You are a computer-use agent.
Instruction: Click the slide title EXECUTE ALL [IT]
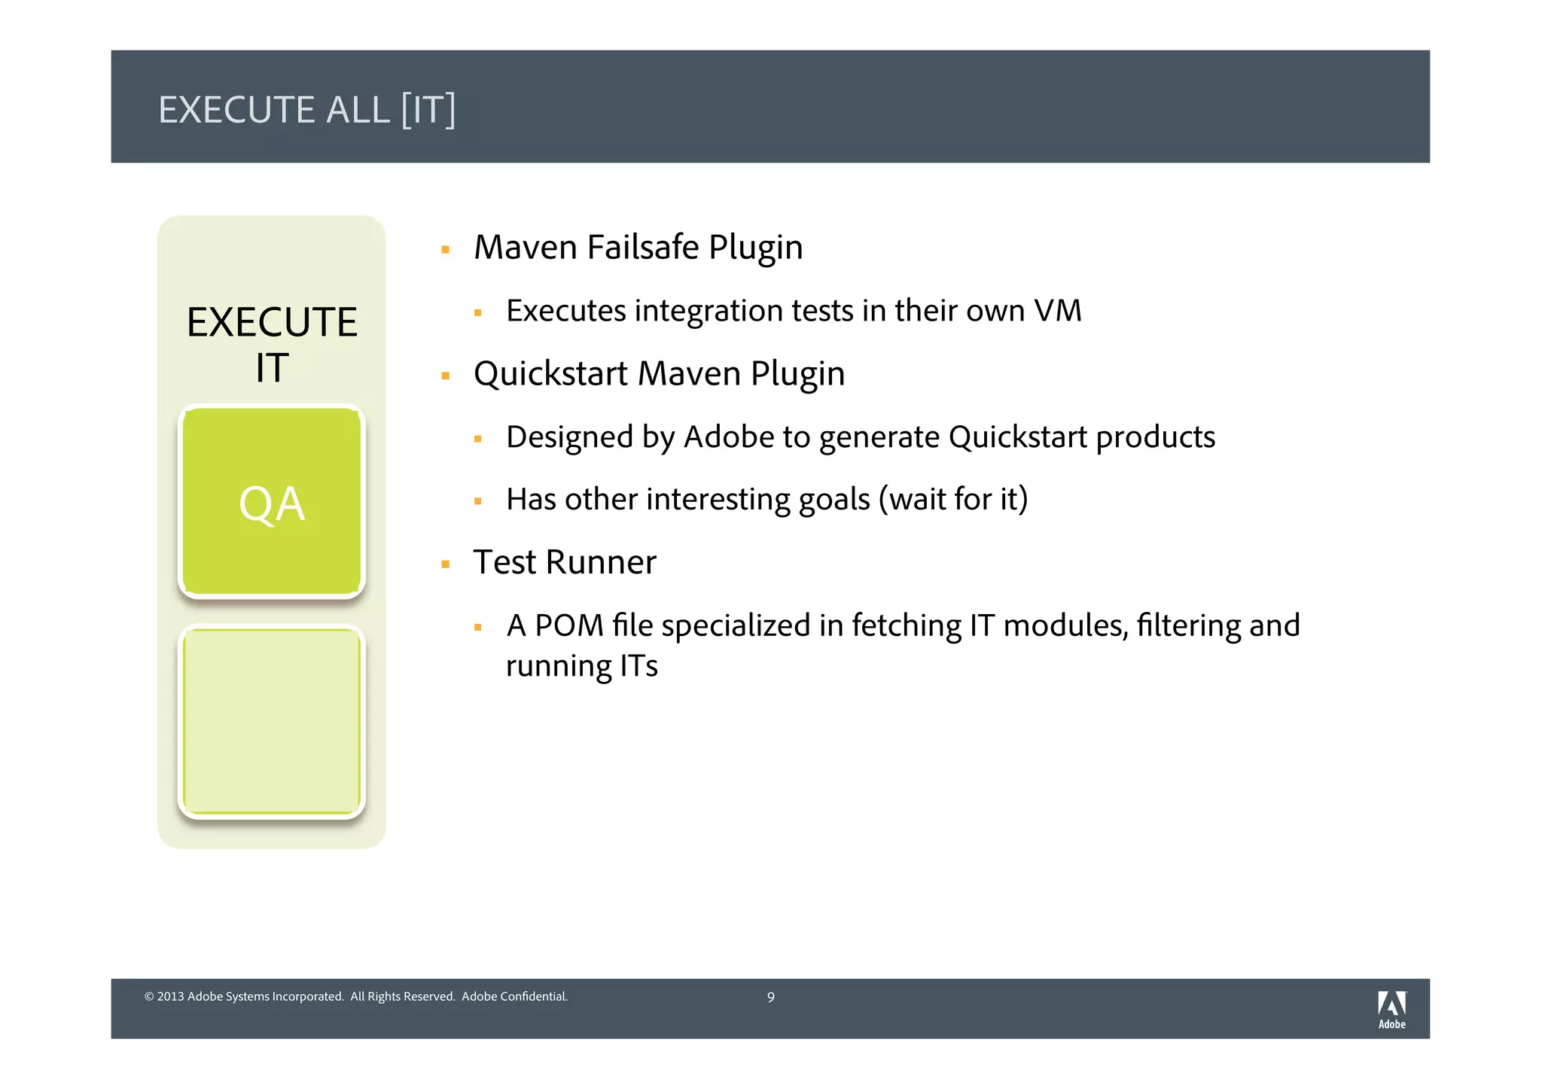pos(306,110)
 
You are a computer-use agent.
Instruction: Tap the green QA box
pos(272,502)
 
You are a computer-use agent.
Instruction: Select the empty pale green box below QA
pos(272,722)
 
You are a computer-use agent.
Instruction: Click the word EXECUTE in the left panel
pos(272,322)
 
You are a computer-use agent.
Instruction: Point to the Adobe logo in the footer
pos(1391,1008)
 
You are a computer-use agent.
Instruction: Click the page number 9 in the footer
pos(770,997)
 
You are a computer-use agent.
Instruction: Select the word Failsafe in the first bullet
pos(643,248)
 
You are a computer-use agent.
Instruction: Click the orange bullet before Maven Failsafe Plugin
pos(446,250)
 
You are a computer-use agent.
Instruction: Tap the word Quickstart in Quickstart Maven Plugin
pos(550,374)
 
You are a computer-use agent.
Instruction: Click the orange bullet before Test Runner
pos(446,564)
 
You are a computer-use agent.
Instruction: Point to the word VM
pos(1057,311)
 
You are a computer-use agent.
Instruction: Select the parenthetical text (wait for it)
pos(953,500)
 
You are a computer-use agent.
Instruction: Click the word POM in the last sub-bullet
pos(568,626)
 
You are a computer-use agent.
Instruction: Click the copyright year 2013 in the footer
pos(170,996)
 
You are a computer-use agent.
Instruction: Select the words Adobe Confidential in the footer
pos(514,996)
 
